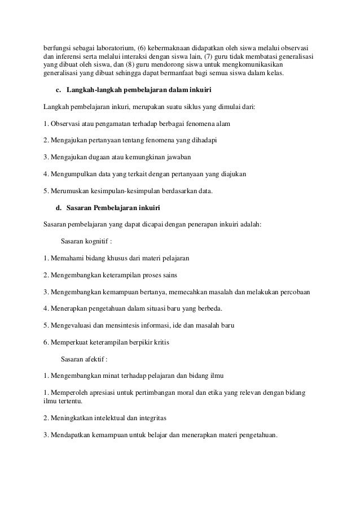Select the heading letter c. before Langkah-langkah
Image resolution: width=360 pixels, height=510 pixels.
pyautogui.click(x=58, y=90)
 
